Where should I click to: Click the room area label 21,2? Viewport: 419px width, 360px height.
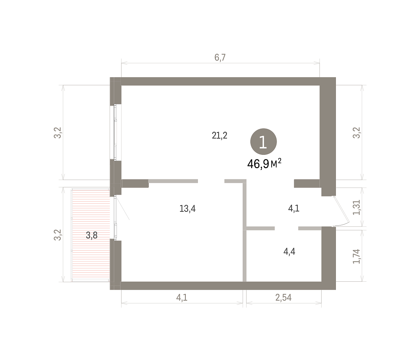220,135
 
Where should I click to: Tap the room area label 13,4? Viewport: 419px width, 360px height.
188,208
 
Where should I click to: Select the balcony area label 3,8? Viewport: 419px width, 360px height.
91,236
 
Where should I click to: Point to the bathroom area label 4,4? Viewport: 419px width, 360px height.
289,252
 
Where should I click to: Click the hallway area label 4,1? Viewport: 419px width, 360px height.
294,208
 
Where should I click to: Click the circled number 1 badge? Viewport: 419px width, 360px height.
264,142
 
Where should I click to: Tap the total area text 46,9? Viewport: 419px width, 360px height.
258,164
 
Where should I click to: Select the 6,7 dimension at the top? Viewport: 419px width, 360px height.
220,57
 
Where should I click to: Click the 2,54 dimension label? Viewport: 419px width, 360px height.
284,297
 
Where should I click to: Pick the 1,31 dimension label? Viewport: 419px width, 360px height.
356,207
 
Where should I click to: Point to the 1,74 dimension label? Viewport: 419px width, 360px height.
356,256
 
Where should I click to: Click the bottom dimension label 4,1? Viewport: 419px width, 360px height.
182,297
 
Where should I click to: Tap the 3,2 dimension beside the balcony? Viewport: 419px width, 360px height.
57,235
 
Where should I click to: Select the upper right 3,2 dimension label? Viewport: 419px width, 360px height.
356,133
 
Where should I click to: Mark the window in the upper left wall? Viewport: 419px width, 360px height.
116,133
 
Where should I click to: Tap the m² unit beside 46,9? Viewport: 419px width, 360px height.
276,164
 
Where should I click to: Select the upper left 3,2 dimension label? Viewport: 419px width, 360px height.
57,133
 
